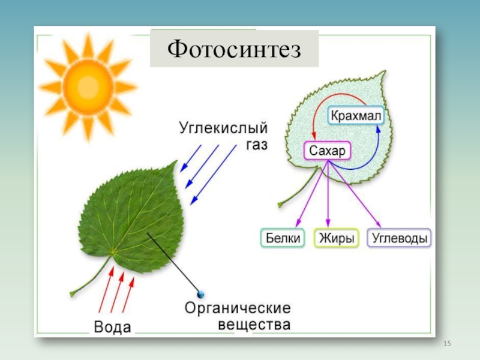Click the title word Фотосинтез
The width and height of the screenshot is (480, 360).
234,48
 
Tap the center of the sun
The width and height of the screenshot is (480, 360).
88,86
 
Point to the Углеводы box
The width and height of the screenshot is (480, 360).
400,238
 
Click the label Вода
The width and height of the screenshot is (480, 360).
113,326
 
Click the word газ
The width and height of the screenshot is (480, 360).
256,145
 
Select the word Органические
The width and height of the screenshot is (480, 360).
238,308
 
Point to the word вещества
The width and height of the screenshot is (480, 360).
254,325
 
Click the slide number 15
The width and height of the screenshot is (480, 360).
446,343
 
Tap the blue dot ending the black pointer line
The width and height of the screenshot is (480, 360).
201,293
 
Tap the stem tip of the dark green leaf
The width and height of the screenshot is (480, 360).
73,293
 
